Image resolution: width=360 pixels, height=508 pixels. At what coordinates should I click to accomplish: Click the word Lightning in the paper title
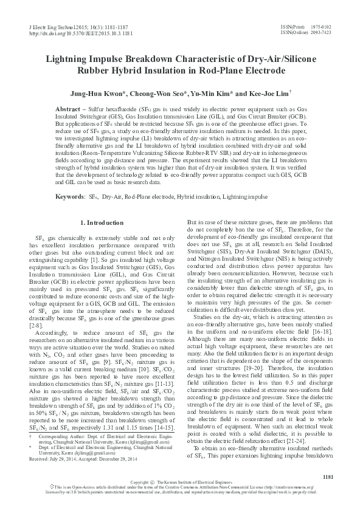72,60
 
